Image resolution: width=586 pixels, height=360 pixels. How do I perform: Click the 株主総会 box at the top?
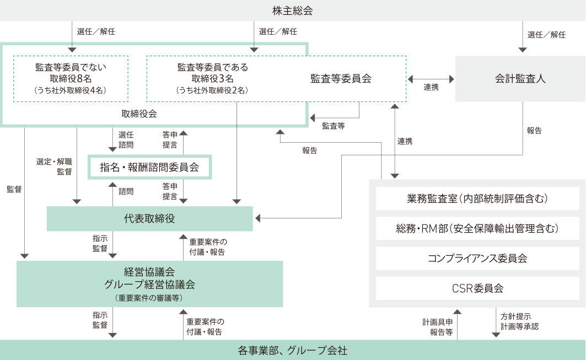pos(293,10)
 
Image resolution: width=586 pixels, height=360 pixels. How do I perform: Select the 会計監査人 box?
pos(520,78)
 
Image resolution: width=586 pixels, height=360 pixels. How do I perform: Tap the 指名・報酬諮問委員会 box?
pos(149,167)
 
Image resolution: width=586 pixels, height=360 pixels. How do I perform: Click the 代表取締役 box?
pos(149,219)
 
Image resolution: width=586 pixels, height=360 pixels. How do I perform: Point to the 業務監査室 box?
pos(477,198)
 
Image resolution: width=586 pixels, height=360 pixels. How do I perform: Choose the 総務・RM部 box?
pos(477,228)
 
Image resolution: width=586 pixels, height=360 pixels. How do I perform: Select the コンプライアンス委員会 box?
pos(477,258)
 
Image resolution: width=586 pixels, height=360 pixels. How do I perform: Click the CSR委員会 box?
pos(477,288)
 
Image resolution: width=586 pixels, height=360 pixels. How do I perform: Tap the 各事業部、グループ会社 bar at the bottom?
pos(293,350)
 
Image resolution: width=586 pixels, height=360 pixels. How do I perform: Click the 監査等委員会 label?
pos(341,79)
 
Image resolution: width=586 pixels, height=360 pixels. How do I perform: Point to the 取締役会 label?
pos(139,114)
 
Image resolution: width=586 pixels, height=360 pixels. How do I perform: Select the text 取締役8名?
pos(70,78)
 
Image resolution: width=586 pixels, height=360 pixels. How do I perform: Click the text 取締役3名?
pos(212,78)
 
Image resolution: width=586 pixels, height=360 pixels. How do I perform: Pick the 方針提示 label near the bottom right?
pos(515,316)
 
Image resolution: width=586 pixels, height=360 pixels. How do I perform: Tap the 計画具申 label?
pos(438,321)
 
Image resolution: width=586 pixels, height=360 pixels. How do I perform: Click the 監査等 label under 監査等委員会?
pos(333,126)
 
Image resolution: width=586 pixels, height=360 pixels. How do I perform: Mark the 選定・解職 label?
pos(54,162)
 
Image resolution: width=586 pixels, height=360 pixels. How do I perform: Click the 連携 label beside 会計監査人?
pos(431,87)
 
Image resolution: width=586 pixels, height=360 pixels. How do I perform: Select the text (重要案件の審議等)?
pos(149,298)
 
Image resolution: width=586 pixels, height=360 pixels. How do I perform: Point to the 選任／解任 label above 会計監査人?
pos(546,34)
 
